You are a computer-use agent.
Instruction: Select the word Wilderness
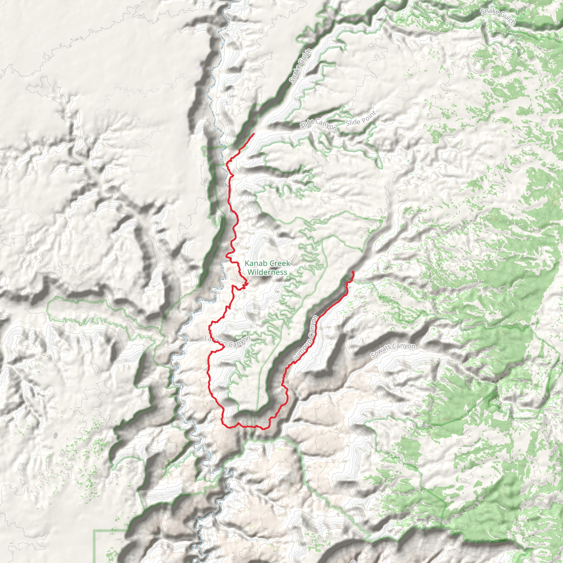[x=267, y=272]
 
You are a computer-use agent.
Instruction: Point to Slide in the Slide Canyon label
[x=307, y=123]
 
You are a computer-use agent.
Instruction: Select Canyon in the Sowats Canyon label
[x=404, y=346]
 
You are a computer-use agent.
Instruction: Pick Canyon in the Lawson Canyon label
[x=239, y=342]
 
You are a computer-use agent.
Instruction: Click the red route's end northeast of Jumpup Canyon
[x=353, y=272]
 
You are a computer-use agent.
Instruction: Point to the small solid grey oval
[x=56, y=435]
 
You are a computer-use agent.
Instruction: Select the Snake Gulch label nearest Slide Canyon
[x=301, y=66]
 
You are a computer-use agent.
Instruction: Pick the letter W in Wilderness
[x=251, y=272]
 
